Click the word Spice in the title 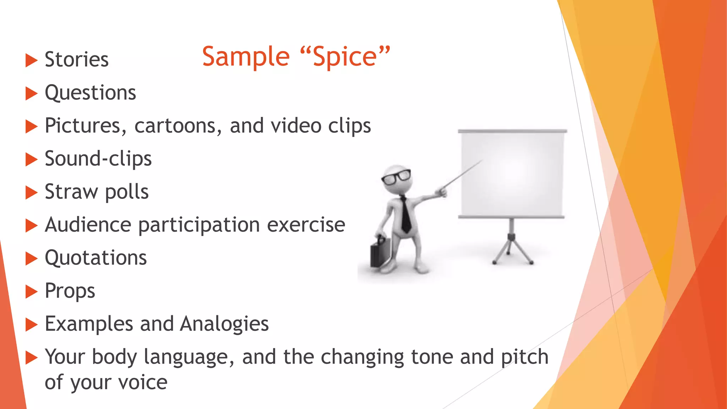(344, 58)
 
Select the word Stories (77, 59)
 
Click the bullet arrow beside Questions (31, 94)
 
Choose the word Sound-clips (98, 159)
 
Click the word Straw (71, 192)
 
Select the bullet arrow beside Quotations (31, 258)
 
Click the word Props (70, 291)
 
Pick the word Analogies (224, 324)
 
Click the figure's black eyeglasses (397, 176)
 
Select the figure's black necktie (405, 215)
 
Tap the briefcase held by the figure (380, 252)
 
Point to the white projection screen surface (512, 174)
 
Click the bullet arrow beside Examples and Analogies (31, 325)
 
